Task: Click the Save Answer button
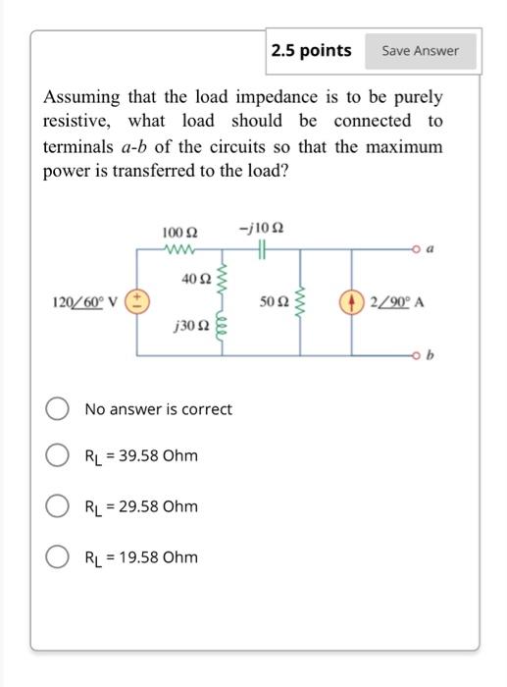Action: coord(420,51)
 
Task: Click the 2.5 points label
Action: coord(311,50)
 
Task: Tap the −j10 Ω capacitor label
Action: coord(258,230)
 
